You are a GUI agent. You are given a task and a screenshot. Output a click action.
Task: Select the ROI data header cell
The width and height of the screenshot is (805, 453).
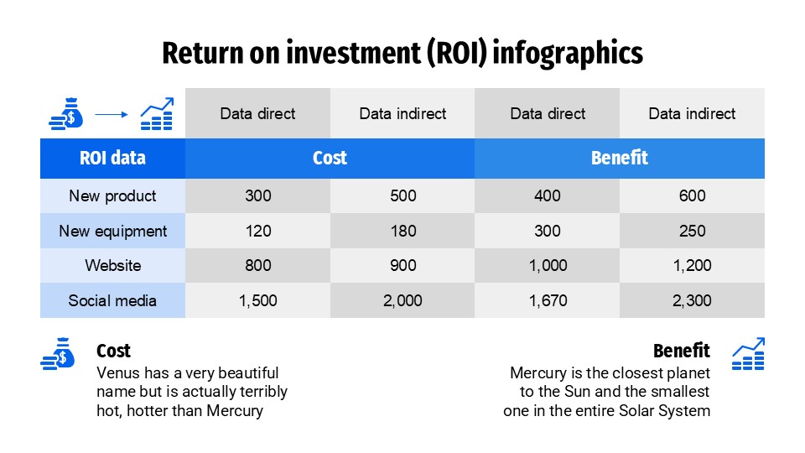[x=112, y=158]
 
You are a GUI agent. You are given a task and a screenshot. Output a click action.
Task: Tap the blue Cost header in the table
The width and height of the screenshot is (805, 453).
[x=330, y=158]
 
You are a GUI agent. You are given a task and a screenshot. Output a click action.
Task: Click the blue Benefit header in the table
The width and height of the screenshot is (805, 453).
[x=620, y=158]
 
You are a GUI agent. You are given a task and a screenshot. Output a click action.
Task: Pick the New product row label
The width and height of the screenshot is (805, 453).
[x=112, y=196]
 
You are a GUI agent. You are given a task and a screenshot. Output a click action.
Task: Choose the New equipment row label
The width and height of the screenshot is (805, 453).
[x=112, y=231]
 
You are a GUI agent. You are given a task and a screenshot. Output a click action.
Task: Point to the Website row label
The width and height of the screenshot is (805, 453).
[x=112, y=266]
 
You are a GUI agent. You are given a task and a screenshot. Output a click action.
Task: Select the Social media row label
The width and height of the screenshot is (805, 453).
[x=112, y=300]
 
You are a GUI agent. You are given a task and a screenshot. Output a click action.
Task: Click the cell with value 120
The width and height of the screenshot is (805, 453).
[x=258, y=231]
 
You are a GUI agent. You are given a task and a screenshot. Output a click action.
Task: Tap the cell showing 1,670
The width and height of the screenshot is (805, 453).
[x=548, y=300]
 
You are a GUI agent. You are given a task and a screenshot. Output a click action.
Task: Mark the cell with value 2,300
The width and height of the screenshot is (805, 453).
[x=692, y=300]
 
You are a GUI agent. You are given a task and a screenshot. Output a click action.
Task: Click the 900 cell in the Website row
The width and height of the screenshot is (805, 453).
[x=402, y=266]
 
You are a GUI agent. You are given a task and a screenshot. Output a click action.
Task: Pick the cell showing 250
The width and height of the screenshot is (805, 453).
[x=692, y=231]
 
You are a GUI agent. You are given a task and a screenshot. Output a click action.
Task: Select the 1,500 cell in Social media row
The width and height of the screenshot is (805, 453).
[x=258, y=300]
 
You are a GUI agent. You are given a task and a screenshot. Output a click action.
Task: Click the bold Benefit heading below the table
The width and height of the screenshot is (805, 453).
[x=681, y=351]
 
